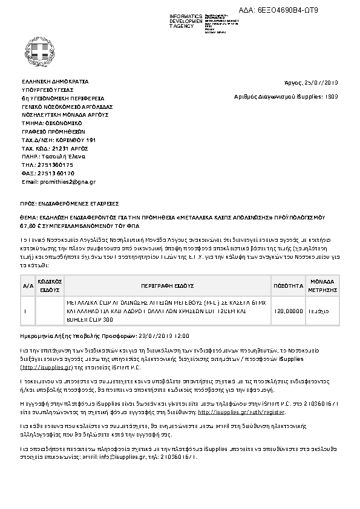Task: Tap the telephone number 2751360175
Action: tap(56, 164)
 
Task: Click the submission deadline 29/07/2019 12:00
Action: tap(164, 334)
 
